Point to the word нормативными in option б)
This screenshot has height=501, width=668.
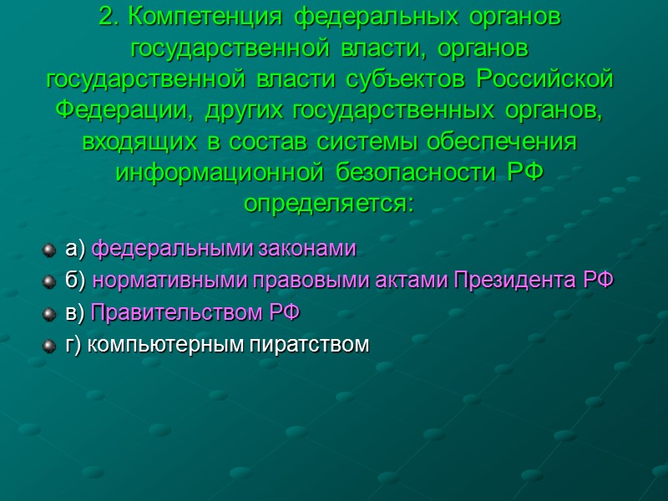pos(151,281)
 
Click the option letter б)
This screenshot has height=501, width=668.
pos(76,281)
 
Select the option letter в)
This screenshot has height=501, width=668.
pos(75,313)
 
